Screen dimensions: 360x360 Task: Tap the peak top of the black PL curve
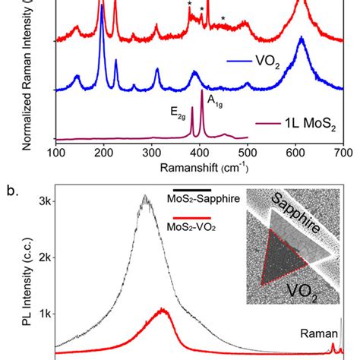(x=144, y=196)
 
